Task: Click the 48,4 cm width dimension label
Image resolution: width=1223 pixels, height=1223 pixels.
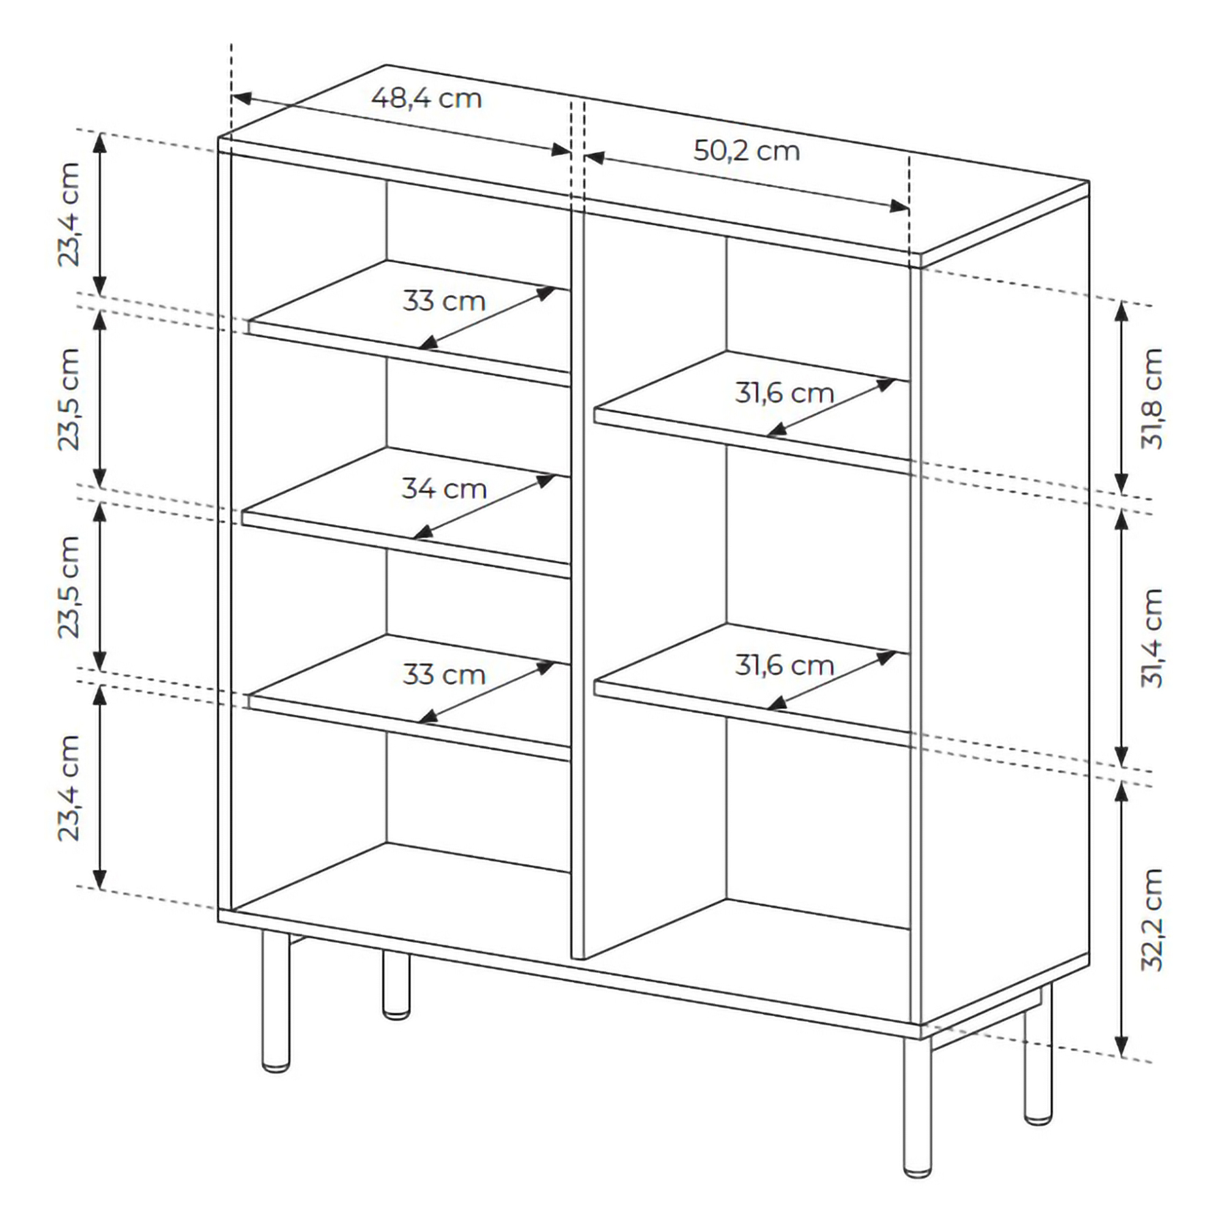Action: coord(426,98)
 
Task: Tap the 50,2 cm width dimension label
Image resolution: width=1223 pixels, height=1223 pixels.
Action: coord(747,151)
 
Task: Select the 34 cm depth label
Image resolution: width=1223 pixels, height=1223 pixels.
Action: coord(444,489)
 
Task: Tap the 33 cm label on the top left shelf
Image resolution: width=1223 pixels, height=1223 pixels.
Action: coord(444,301)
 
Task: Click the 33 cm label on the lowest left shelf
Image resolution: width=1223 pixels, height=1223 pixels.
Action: coord(444,676)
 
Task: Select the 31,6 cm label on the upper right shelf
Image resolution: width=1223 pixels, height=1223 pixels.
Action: coord(785,394)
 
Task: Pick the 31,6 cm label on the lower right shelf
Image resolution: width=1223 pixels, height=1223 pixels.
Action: coord(785,666)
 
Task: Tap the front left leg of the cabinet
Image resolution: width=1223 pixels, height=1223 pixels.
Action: coord(276,1002)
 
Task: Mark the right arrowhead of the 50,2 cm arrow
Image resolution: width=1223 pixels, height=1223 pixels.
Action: coord(900,205)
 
